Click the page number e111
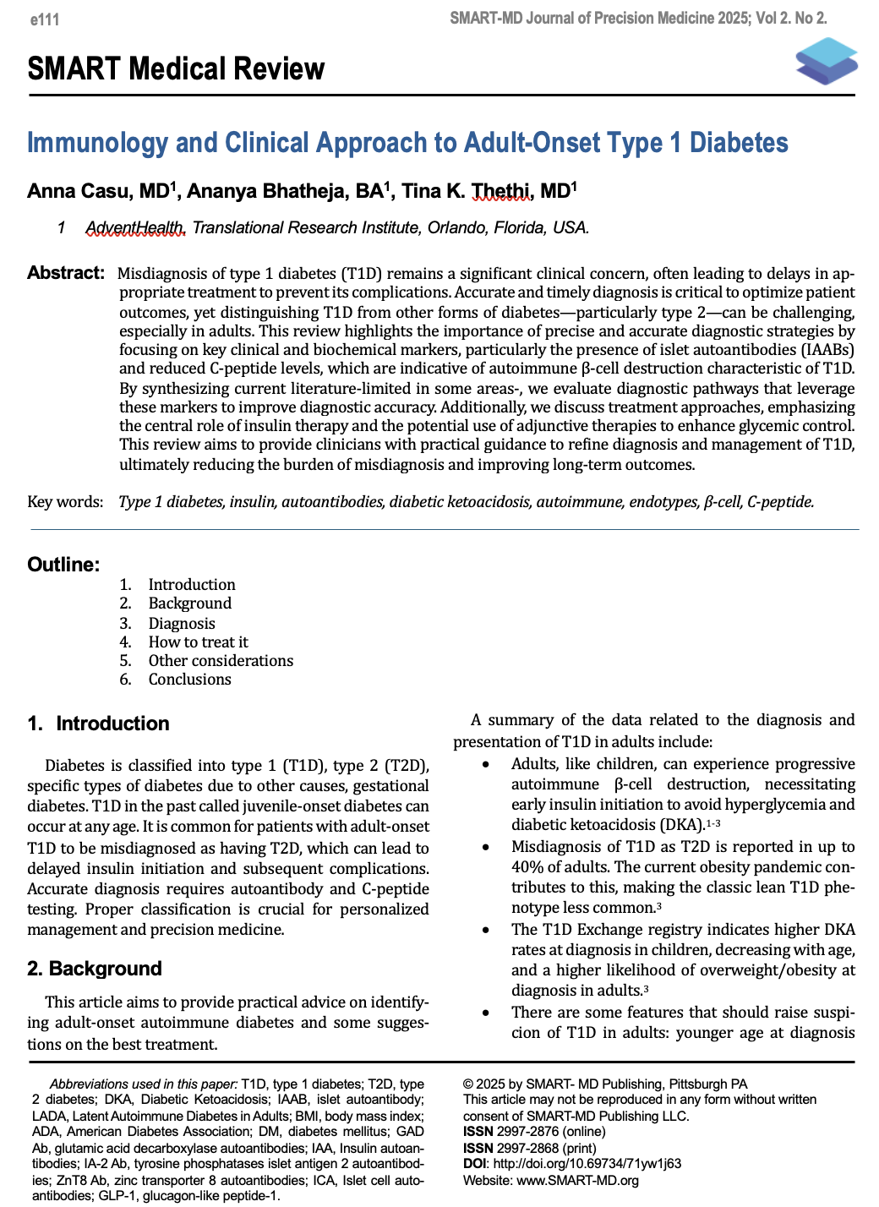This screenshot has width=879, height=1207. (x=45, y=19)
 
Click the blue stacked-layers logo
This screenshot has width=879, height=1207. (x=826, y=61)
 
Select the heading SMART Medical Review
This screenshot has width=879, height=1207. (x=176, y=69)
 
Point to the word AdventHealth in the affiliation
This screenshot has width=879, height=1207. (x=134, y=228)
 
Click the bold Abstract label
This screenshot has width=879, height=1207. (x=66, y=273)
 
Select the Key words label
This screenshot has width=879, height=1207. (x=65, y=502)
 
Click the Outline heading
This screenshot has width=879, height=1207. (x=63, y=565)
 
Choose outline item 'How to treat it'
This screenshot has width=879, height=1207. (x=198, y=642)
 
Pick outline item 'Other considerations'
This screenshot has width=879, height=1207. (x=221, y=661)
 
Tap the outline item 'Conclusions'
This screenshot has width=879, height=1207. (x=189, y=680)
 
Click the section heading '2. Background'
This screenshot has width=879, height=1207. (x=94, y=969)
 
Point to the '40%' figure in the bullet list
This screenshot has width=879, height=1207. (x=527, y=867)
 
